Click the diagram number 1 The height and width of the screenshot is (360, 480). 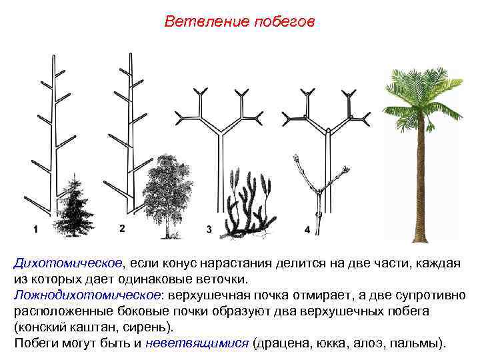pyautogui.click(x=35, y=229)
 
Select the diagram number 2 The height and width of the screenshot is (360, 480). pyautogui.click(x=122, y=229)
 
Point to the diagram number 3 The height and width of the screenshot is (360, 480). pyautogui.click(x=209, y=229)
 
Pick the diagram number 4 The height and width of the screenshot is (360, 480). pyautogui.click(x=307, y=229)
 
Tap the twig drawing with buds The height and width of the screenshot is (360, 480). pyautogui.click(x=320, y=193)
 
